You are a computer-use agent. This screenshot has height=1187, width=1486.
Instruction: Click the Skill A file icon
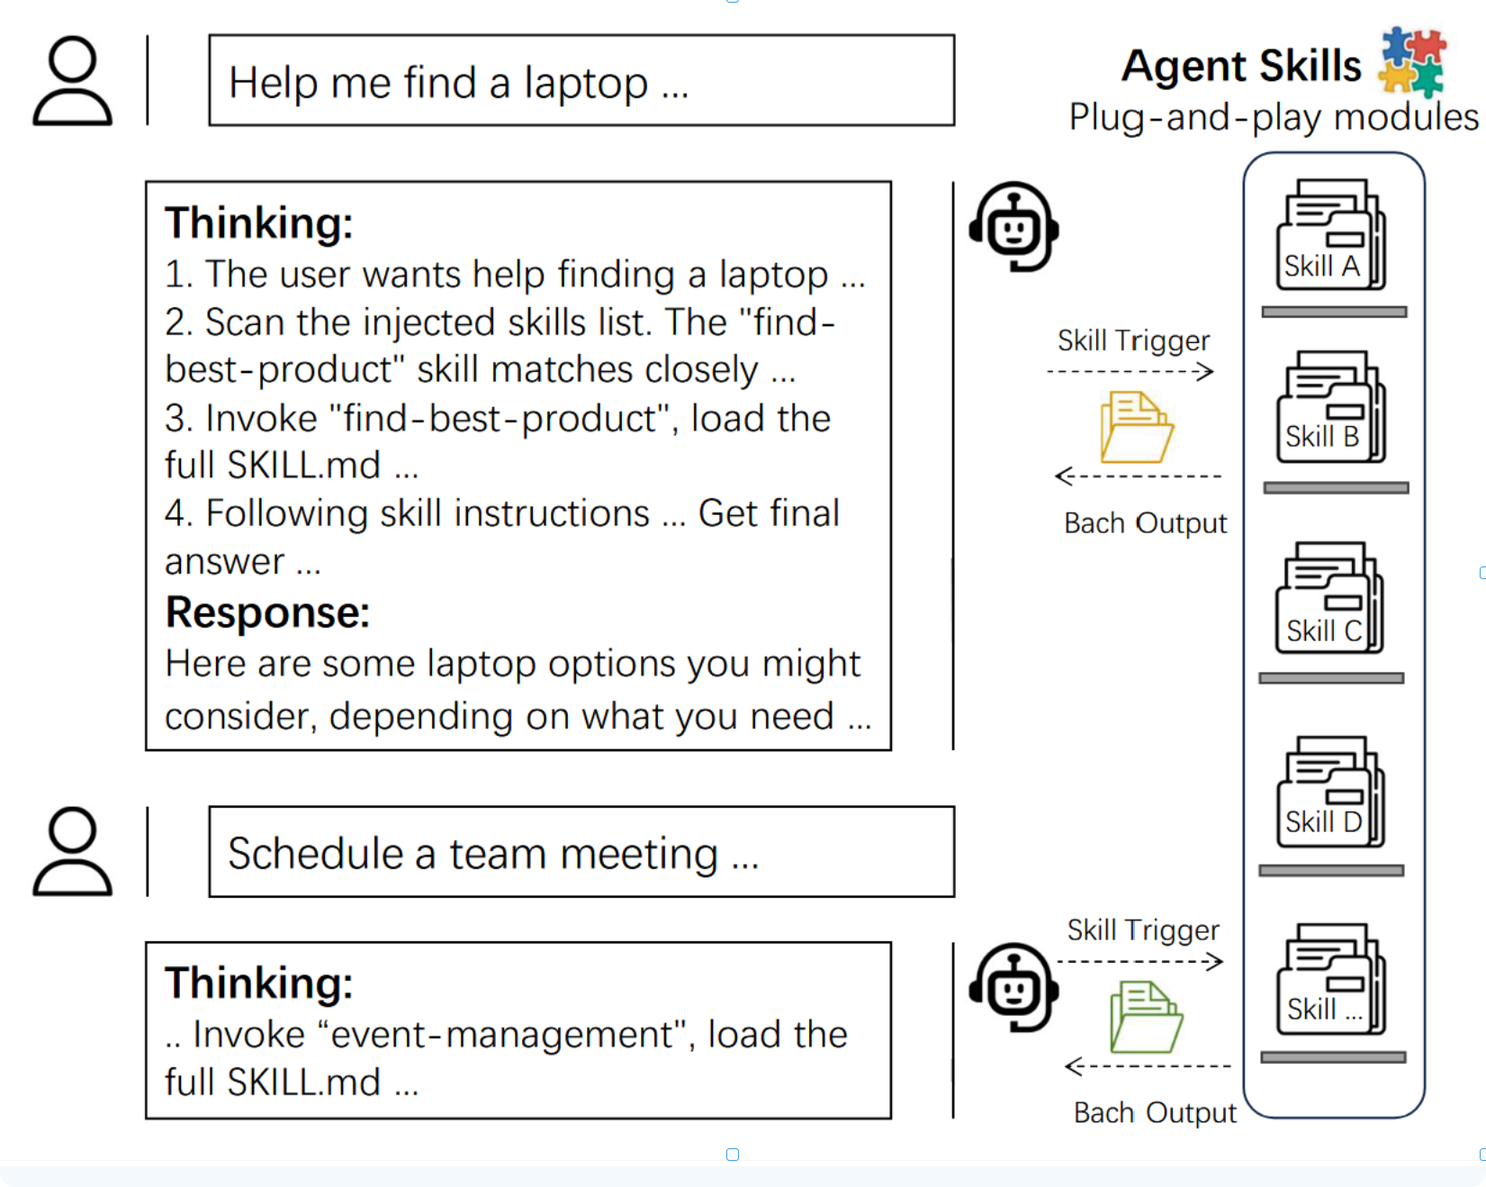click(x=1330, y=235)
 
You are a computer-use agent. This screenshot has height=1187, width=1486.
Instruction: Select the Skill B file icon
click(x=1330, y=407)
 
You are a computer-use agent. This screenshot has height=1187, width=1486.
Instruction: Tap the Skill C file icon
click(x=1328, y=599)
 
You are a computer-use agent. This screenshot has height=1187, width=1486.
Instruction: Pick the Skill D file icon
click(x=1330, y=793)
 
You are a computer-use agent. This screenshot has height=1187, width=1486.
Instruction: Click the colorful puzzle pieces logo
click(x=1412, y=61)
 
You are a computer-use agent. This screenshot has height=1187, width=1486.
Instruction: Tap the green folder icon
click(x=1146, y=1017)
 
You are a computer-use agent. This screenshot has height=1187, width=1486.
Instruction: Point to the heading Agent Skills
click(x=1241, y=66)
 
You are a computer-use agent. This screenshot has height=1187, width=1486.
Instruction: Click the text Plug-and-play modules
click(x=1273, y=117)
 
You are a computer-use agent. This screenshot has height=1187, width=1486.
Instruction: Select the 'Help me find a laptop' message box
click(x=581, y=81)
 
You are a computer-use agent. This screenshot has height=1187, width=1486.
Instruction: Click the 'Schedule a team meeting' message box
click(x=581, y=852)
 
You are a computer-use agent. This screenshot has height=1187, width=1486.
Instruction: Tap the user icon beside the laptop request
click(x=72, y=81)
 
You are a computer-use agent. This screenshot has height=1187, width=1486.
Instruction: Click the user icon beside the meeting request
click(x=72, y=852)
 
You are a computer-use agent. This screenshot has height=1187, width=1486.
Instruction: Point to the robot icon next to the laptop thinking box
click(x=1014, y=226)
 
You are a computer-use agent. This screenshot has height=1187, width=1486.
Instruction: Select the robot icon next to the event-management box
click(x=1014, y=988)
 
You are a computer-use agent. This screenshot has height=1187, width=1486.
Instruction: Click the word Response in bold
click(x=267, y=612)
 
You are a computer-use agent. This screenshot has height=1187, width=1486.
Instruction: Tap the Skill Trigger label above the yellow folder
click(x=1133, y=340)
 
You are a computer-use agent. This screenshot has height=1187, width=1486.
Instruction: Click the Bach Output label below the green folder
click(x=1155, y=1113)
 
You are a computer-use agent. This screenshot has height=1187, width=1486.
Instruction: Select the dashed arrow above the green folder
click(x=1140, y=962)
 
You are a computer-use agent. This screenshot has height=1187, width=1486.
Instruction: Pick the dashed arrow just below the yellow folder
click(x=1138, y=476)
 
